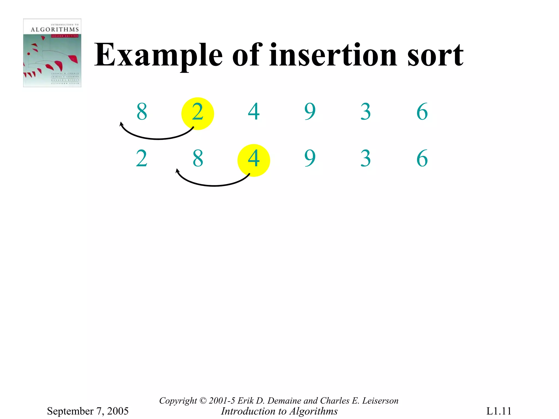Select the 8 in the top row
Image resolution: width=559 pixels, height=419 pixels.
[x=142, y=112]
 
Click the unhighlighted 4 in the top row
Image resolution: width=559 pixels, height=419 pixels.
[x=254, y=112]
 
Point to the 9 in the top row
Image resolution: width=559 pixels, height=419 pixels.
[x=310, y=112]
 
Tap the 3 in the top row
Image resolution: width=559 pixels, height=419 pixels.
[x=366, y=112]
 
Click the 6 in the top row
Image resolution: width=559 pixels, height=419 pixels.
[x=422, y=112]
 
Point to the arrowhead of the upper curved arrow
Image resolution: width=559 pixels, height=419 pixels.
[x=121, y=124]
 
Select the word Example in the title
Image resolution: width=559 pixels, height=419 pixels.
[x=158, y=55]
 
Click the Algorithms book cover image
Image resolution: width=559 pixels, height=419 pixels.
[x=52, y=53]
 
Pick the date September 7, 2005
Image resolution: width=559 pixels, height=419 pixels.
[x=88, y=411]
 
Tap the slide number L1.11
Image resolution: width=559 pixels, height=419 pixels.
[x=499, y=411]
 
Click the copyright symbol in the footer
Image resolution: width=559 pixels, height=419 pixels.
[x=203, y=401]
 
